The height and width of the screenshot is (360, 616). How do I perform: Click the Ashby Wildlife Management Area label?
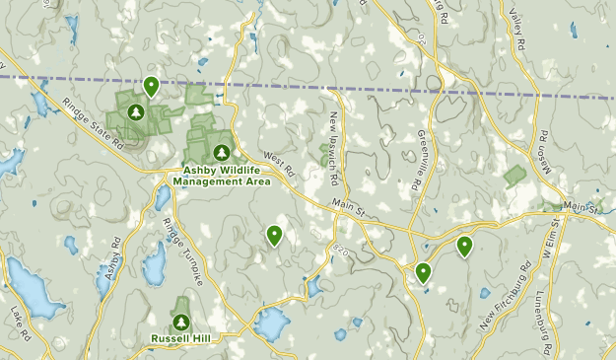tap(221, 176)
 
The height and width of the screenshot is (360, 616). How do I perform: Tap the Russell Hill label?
tap(180, 338)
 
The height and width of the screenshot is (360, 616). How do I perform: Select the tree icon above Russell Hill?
tap(180, 322)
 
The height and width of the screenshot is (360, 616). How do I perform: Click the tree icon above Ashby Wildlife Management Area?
tap(221, 153)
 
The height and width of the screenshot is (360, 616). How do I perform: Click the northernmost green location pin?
tap(151, 87)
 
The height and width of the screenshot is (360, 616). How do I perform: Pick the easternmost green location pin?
tap(464, 246)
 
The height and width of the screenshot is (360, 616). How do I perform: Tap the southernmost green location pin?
tap(423, 272)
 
